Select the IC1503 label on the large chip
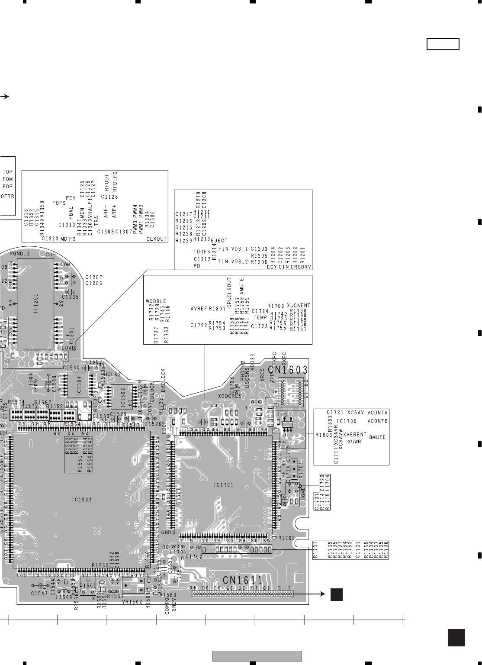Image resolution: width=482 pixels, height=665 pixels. (x=82, y=499)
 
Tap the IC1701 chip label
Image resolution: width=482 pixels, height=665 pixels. (x=223, y=485)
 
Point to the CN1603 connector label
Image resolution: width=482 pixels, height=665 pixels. (x=288, y=370)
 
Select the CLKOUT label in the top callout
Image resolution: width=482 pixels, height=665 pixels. (x=156, y=239)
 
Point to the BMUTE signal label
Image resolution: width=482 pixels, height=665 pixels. (x=377, y=437)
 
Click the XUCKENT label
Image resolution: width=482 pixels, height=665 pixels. (x=299, y=305)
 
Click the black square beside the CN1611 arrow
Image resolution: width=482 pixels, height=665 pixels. (x=337, y=594)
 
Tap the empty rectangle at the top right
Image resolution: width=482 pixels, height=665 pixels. (x=443, y=44)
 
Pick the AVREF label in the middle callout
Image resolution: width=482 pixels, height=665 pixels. (x=199, y=309)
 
